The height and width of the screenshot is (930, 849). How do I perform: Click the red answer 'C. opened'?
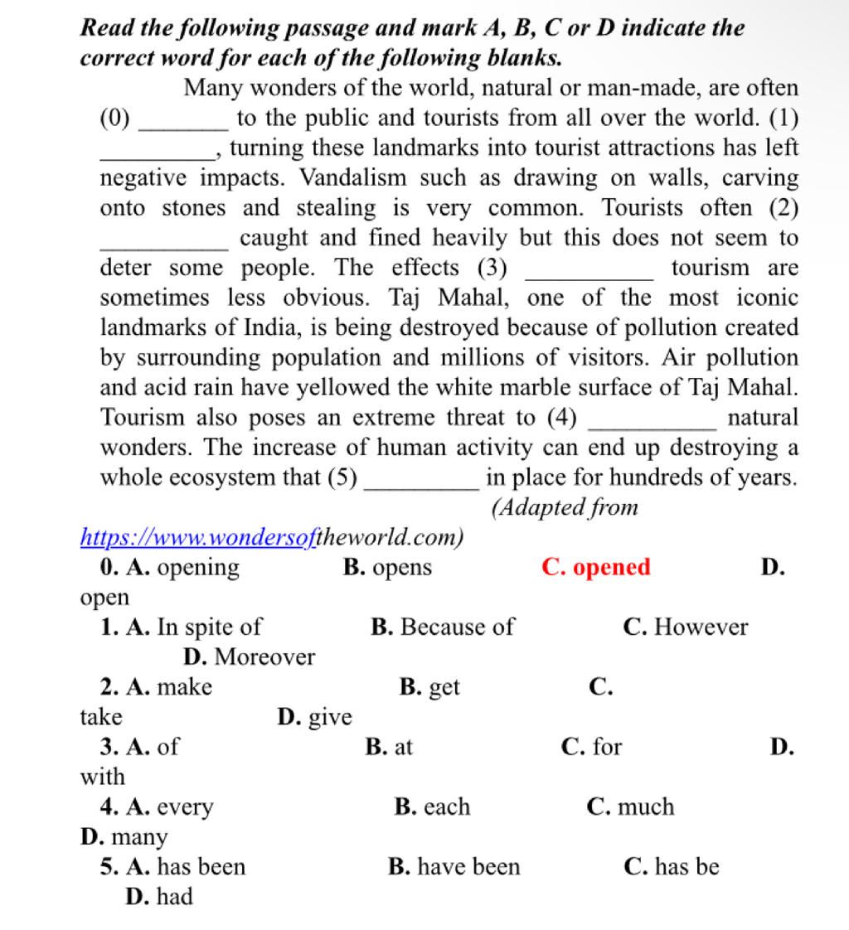click(595, 568)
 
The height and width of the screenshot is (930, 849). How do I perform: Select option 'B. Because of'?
click(442, 627)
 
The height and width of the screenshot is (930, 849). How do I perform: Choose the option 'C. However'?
click(685, 627)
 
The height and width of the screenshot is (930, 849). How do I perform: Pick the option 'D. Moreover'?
click(249, 657)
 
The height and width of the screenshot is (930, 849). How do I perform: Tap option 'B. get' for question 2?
click(429, 687)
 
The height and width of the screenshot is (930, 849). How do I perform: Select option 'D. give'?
click(314, 717)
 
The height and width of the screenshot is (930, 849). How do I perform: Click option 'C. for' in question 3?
click(591, 747)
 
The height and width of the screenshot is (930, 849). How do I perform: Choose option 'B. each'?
click(432, 806)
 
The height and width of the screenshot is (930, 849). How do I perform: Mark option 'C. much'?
click(629, 806)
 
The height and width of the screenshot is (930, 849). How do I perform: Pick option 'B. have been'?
click(454, 867)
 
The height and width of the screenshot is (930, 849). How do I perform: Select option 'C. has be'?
click(671, 867)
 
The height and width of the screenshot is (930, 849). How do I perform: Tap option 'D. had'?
click(159, 897)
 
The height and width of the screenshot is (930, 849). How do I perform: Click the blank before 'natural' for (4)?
click(651, 419)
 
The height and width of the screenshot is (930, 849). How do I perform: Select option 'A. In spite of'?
click(181, 627)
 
